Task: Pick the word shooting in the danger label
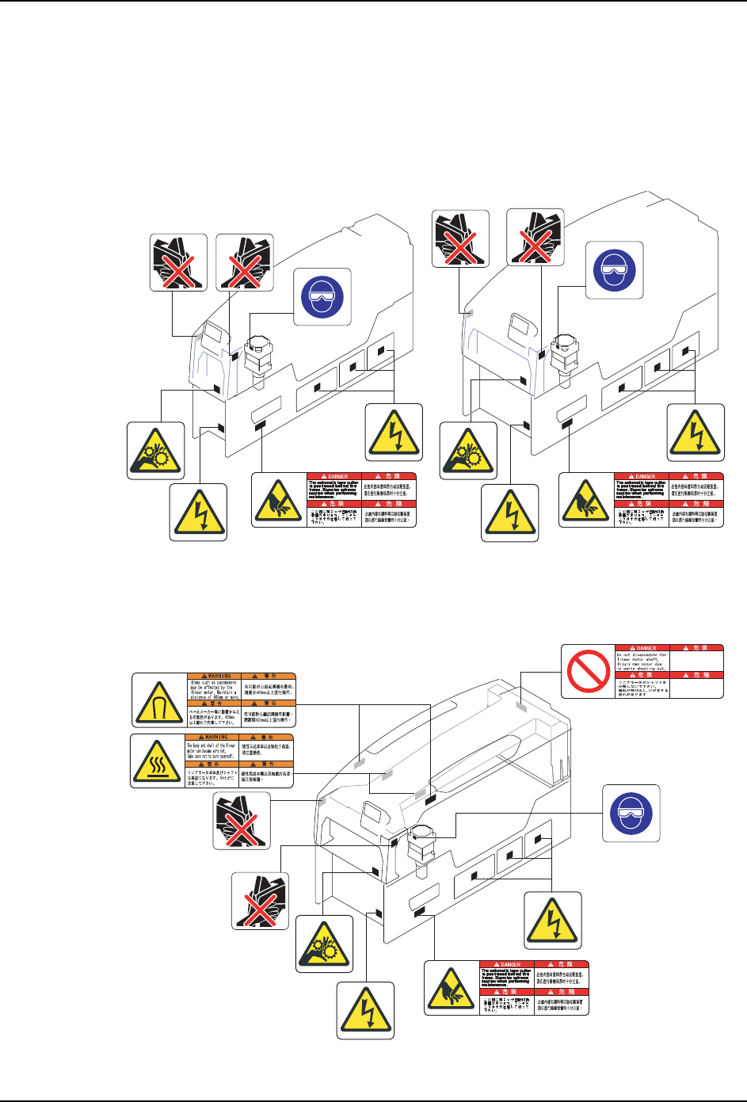pos(654,669)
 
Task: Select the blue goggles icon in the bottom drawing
pos(631,814)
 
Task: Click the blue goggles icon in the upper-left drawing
pos(322,296)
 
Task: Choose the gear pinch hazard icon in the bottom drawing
pos(325,944)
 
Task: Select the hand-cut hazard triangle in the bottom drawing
pos(452,988)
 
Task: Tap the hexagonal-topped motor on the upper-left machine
pos(258,357)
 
